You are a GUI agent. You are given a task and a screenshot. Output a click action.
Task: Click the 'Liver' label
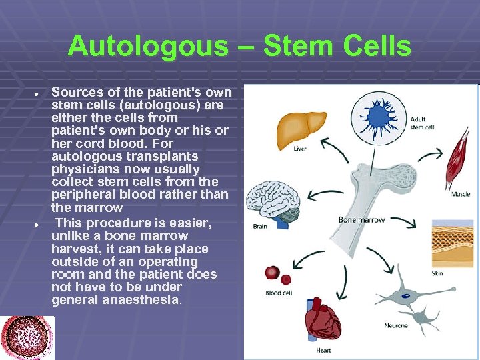tap(300, 149)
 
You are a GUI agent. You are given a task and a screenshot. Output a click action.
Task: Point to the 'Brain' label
tap(260, 227)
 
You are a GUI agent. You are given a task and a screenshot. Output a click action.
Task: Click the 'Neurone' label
tap(396, 325)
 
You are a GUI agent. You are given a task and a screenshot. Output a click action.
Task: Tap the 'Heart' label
tap(322, 350)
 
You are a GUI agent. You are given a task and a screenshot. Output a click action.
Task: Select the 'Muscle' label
tap(461, 194)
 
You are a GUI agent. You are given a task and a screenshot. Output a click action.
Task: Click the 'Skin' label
tap(437, 273)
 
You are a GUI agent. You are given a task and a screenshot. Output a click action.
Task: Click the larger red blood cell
tap(271, 272)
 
